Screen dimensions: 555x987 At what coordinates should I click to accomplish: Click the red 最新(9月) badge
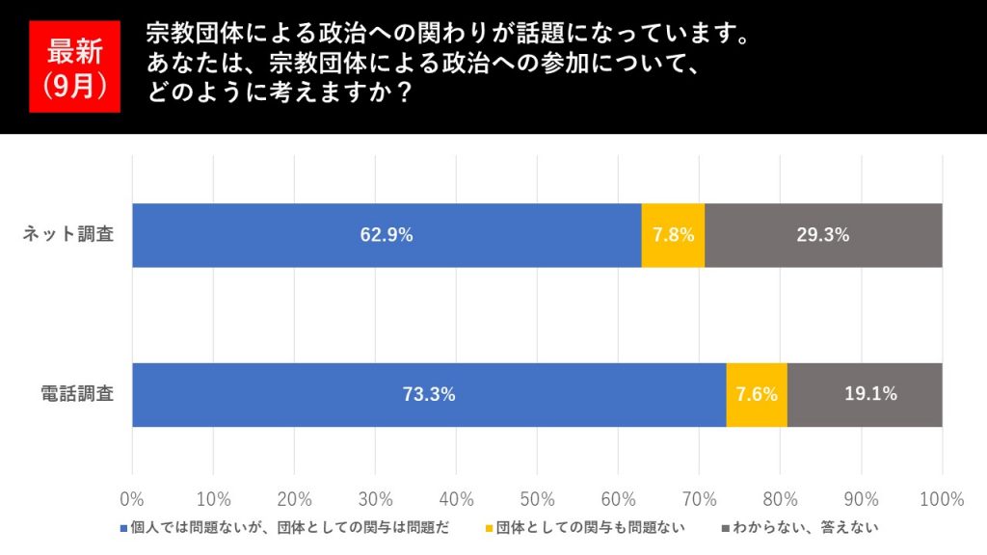pyautogui.click(x=73, y=67)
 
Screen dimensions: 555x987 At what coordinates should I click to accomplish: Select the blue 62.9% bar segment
pyautogui.click(x=387, y=235)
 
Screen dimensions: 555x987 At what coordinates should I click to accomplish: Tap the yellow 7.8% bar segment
pyautogui.click(x=673, y=235)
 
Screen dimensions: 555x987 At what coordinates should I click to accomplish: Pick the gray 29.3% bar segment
pyautogui.click(x=823, y=235)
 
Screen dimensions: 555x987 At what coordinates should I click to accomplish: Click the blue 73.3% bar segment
pyautogui.click(x=429, y=394)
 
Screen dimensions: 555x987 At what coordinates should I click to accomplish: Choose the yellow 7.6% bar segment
pyautogui.click(x=757, y=394)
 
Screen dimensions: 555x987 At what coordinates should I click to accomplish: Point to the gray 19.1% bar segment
pyautogui.click(x=865, y=394)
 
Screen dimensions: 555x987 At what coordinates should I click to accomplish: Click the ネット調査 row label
pyautogui.click(x=68, y=235)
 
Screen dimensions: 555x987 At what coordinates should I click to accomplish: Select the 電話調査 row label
pyautogui.click(x=77, y=394)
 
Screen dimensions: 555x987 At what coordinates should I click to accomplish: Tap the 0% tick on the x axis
pyautogui.click(x=131, y=499)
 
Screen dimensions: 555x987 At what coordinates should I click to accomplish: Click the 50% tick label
pyautogui.click(x=537, y=499)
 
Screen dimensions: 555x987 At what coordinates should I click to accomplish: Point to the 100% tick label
pyautogui.click(x=942, y=499)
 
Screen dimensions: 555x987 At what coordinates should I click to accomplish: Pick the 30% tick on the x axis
pyautogui.click(x=375, y=499)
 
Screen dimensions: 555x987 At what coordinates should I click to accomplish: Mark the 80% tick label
pyautogui.click(x=780, y=499)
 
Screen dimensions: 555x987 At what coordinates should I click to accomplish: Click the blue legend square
pyautogui.click(x=123, y=528)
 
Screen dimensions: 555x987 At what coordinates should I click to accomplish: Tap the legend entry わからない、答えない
pyautogui.click(x=805, y=528)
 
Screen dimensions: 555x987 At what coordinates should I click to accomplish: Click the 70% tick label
pyautogui.click(x=699, y=499)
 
